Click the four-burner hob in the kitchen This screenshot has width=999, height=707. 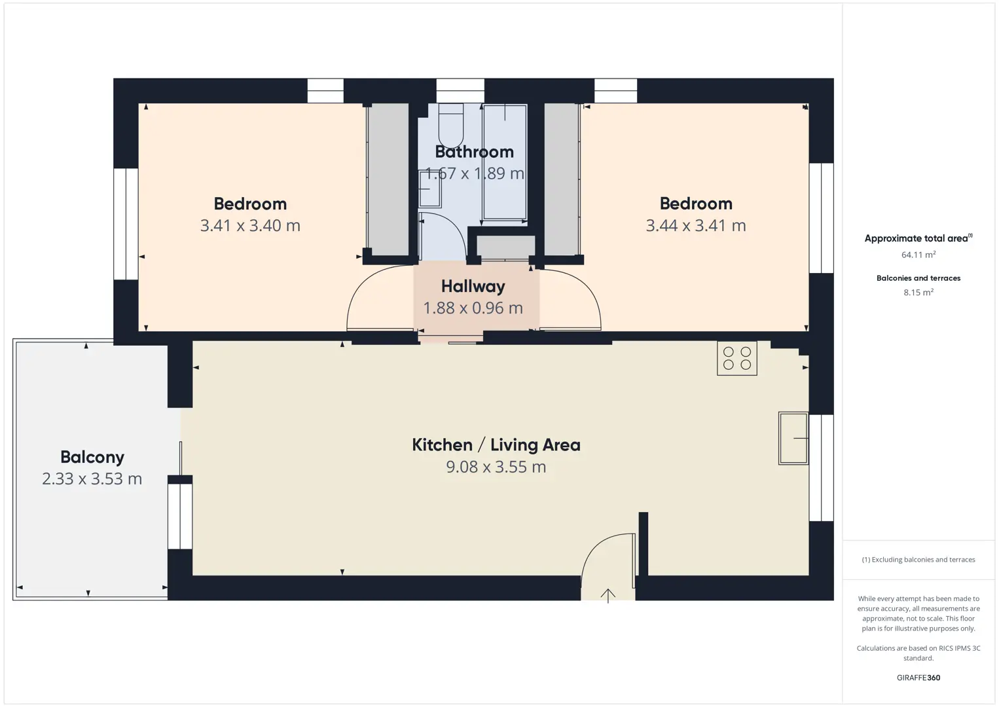(736, 358)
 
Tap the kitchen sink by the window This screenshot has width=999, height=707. (793, 439)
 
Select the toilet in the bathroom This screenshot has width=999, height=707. (451, 125)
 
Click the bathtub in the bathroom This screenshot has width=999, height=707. (505, 162)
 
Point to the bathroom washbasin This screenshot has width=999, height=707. (429, 189)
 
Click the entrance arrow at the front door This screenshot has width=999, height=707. (608, 596)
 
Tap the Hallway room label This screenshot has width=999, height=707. (473, 286)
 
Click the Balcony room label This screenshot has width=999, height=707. (92, 457)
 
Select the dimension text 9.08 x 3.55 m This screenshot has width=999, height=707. (496, 467)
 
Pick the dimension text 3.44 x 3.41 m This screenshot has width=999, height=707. (696, 226)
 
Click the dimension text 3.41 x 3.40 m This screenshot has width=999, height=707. (250, 226)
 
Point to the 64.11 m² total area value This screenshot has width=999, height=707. (918, 255)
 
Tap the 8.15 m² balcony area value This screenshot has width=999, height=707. (918, 292)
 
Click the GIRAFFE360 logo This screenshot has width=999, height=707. (918, 678)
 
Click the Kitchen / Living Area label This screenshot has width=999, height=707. (496, 445)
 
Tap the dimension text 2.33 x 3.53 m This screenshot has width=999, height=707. (92, 479)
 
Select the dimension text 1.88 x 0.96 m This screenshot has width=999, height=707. (473, 308)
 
